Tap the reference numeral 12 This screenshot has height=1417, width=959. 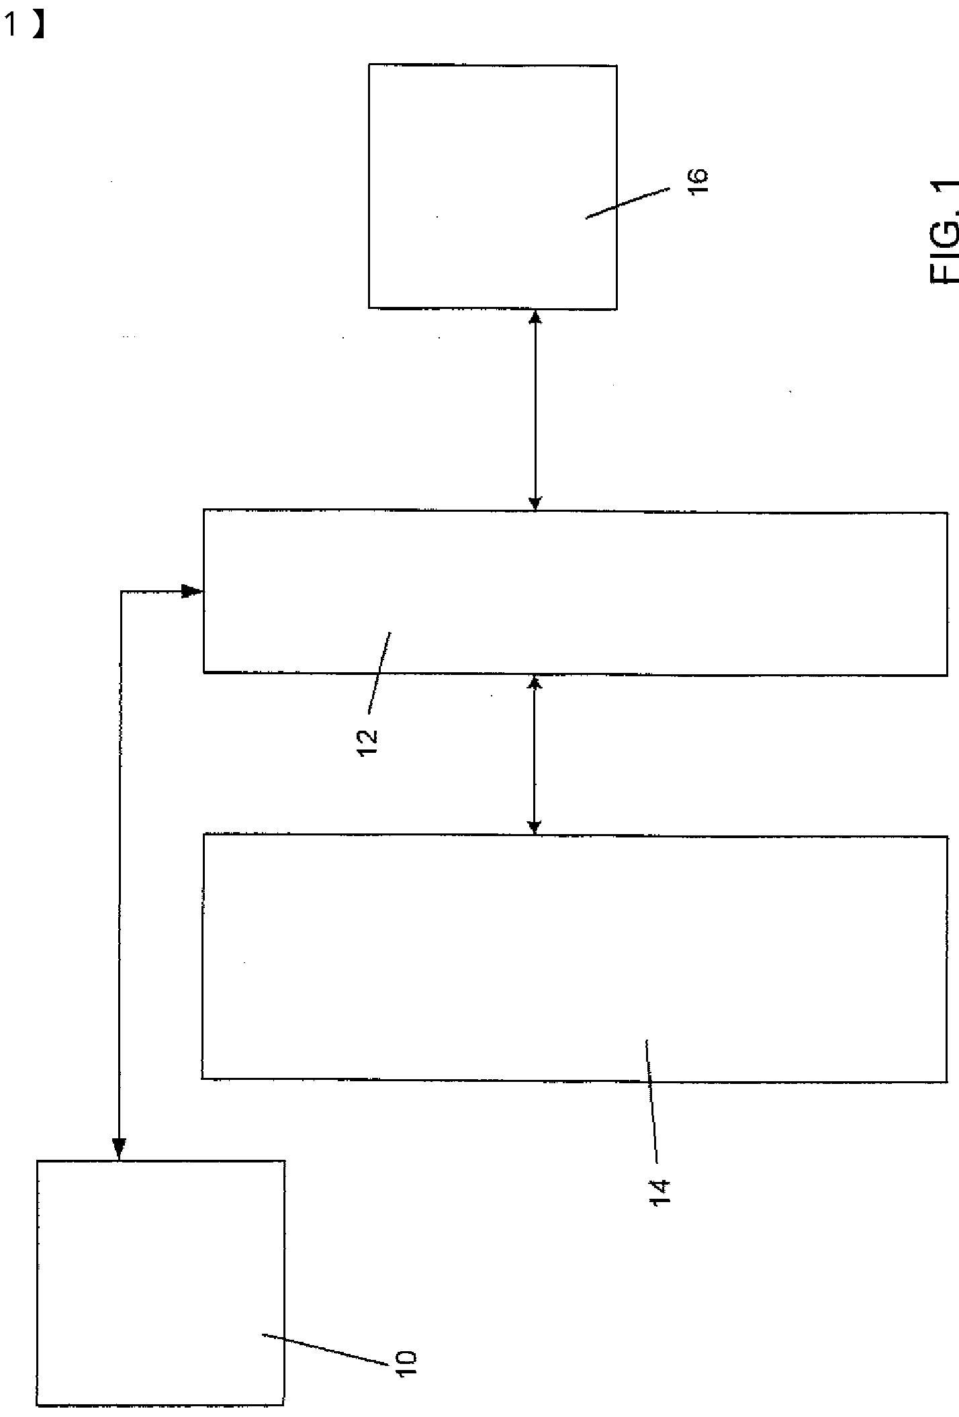(x=368, y=743)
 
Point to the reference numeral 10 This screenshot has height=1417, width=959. (x=407, y=1363)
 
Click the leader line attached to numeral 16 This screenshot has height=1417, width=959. (x=627, y=203)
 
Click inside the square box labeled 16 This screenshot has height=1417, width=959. (x=470, y=168)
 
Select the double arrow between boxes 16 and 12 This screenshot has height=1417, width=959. (x=535, y=410)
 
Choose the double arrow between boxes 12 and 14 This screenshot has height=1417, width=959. (x=535, y=755)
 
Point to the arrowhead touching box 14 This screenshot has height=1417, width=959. (x=535, y=826)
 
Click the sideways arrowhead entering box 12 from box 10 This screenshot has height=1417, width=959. (x=193, y=591)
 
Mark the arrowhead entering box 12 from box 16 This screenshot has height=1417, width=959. (x=535, y=502)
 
